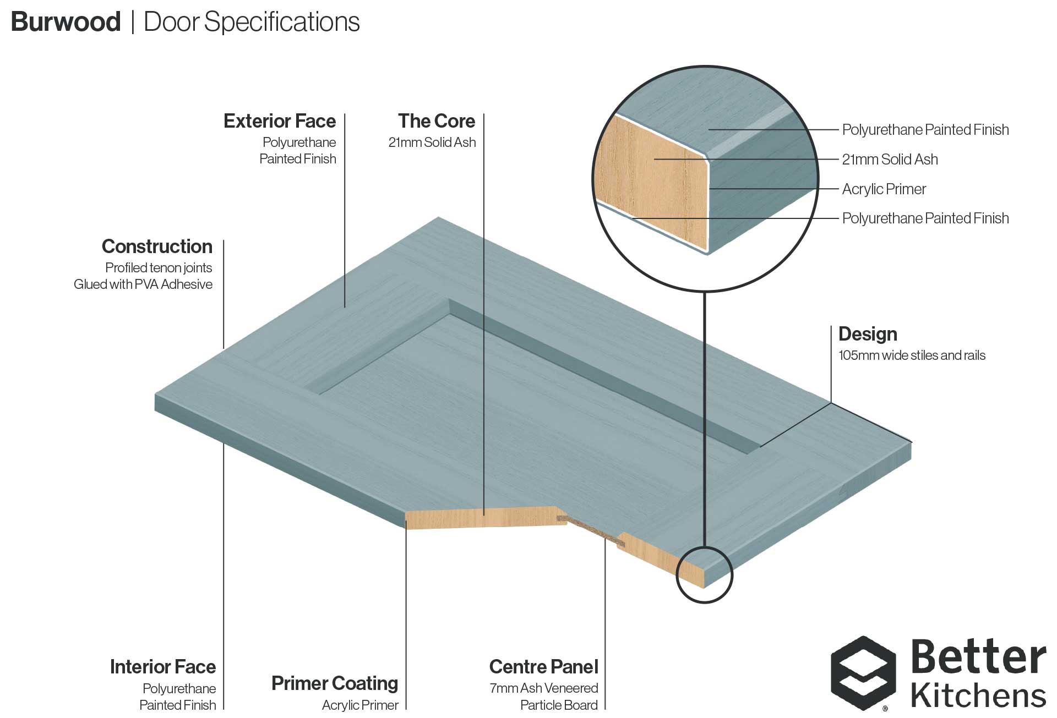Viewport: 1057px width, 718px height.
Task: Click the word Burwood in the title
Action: (x=66, y=22)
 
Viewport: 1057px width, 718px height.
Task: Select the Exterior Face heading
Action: (x=280, y=121)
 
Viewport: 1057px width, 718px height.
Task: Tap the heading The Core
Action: (x=436, y=121)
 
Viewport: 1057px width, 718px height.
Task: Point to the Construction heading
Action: (x=157, y=246)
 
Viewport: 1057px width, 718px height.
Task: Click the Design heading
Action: (x=868, y=334)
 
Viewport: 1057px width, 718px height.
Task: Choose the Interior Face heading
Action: (x=163, y=667)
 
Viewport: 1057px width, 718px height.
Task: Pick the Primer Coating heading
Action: (x=335, y=683)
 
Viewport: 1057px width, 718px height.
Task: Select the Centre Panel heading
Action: (x=543, y=667)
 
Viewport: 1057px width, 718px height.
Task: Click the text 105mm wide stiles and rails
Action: (x=912, y=355)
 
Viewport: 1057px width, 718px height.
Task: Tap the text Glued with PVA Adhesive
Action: (x=143, y=284)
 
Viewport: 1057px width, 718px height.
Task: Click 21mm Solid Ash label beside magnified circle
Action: (x=890, y=160)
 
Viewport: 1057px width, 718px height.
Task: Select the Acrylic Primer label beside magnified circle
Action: (x=884, y=189)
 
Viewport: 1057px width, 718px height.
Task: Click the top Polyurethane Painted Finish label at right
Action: (x=925, y=130)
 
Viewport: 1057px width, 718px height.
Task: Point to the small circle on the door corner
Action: (x=704, y=575)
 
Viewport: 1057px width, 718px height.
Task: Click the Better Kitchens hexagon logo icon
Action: (x=864, y=673)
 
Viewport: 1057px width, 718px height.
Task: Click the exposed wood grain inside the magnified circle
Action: (x=650, y=182)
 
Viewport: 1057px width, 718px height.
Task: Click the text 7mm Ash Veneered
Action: (x=543, y=688)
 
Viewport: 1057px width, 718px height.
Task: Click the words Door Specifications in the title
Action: (x=252, y=22)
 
